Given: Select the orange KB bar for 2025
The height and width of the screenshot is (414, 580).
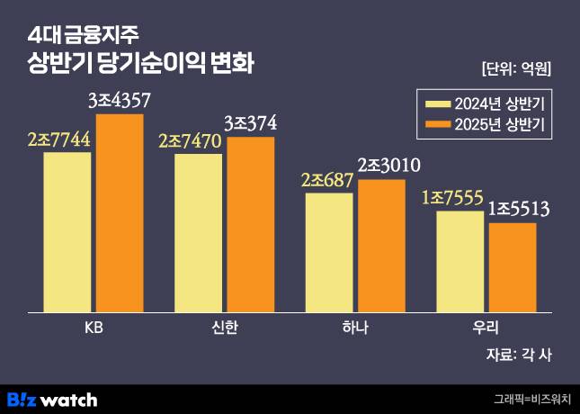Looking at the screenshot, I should point(120,213).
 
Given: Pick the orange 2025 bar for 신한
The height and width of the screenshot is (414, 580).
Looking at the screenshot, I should point(251,224).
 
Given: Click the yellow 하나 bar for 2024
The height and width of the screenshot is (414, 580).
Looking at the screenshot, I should point(329,252).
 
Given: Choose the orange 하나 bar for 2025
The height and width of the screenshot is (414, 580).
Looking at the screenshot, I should point(381,246).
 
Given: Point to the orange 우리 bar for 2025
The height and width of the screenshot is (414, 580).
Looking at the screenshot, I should point(513,267).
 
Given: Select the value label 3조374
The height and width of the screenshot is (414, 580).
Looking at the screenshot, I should point(250,122).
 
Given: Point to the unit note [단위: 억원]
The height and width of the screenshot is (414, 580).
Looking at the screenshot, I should point(516,68).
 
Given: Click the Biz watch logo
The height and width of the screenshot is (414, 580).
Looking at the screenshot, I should point(52,399).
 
